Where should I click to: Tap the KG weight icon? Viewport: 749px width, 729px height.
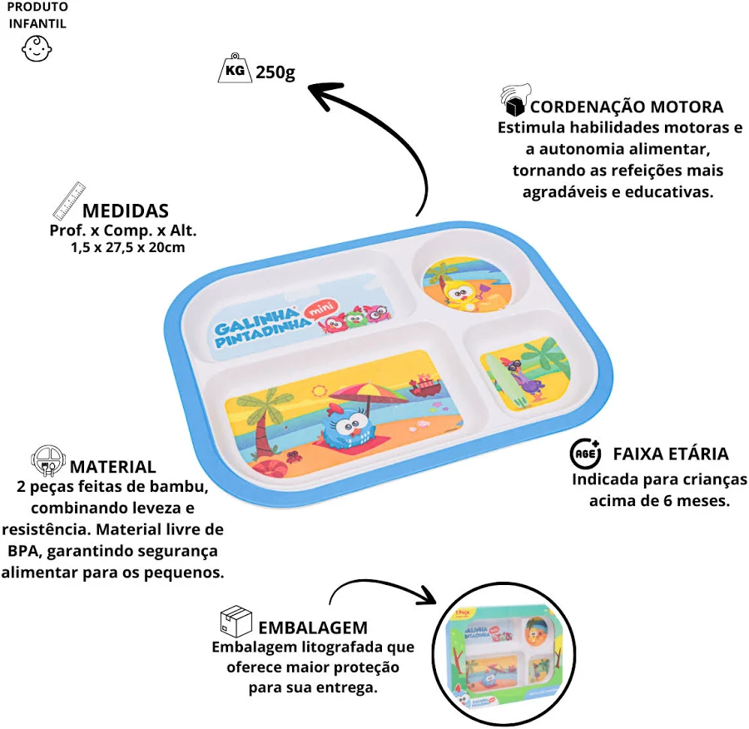[x=233, y=71]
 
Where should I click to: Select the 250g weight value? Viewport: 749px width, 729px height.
[x=275, y=72]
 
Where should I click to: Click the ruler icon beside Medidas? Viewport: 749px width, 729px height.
[x=69, y=199]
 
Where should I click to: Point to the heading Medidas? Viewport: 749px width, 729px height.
[x=126, y=211]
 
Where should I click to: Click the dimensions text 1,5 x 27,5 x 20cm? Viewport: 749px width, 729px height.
[x=128, y=247]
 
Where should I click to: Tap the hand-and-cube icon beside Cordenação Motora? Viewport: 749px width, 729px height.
[x=514, y=102]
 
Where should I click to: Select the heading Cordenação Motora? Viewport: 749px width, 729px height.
[x=627, y=107]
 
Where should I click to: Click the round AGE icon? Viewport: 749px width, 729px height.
[x=584, y=454]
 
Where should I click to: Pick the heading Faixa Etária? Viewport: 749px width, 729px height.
[x=671, y=454]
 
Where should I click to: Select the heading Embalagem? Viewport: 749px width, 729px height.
[x=313, y=627]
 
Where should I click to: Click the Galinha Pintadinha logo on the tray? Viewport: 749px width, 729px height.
[x=258, y=326]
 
